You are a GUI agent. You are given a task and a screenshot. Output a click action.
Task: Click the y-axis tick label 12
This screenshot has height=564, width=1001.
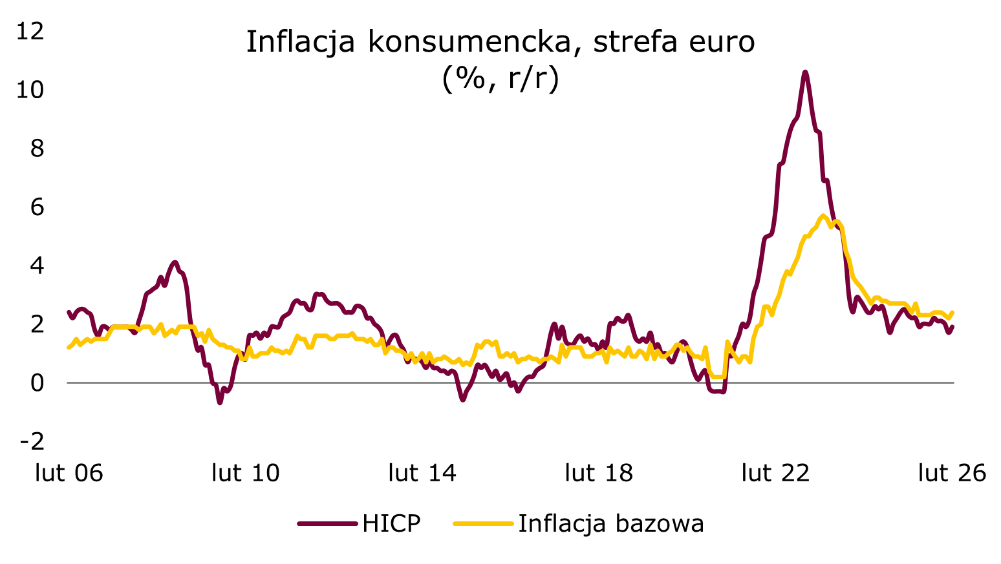tap(30, 30)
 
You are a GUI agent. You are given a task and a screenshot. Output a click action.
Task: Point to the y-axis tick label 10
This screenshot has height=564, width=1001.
tap(30, 89)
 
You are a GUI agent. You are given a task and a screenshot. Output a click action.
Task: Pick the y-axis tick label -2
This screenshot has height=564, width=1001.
tap(32, 441)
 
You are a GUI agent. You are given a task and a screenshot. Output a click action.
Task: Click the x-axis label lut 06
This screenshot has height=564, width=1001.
tap(69, 473)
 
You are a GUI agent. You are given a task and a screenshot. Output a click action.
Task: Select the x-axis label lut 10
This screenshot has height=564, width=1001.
tap(246, 473)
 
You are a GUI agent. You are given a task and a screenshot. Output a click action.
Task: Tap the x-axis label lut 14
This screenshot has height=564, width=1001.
tap(422, 473)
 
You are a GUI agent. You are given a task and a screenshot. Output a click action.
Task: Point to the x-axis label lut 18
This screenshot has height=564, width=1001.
tap(599, 473)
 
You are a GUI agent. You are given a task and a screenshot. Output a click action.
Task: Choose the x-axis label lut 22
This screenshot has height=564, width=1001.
tap(775, 473)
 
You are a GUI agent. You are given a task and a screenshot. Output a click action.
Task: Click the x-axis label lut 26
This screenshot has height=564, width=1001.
tap(952, 473)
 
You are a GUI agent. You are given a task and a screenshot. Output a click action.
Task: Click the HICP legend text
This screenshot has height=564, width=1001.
tap(391, 523)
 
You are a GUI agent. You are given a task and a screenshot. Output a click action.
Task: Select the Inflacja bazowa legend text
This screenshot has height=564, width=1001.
tap(611, 523)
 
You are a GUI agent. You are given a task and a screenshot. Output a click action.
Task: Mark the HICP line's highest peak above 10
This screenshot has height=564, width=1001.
tap(805, 72)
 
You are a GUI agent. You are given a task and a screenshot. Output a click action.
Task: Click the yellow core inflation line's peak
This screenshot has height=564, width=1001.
tap(823, 216)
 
